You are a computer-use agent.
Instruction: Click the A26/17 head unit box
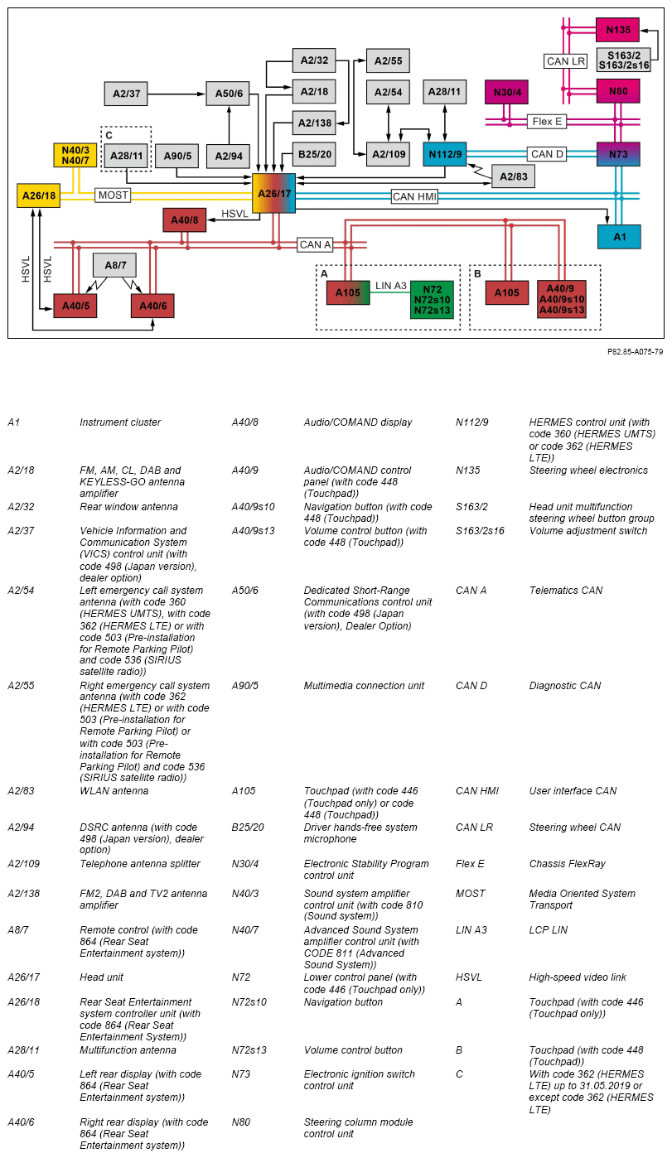click(x=273, y=195)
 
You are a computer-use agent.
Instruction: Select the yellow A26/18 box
click(x=38, y=195)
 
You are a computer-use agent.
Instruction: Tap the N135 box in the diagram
click(x=617, y=30)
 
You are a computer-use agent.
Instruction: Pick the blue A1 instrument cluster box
click(x=618, y=236)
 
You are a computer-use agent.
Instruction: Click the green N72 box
click(x=432, y=299)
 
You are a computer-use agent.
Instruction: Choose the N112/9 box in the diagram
click(x=446, y=153)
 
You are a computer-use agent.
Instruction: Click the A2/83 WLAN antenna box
click(x=513, y=176)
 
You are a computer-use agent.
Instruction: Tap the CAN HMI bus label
click(x=415, y=196)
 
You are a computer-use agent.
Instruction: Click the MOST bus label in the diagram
click(x=113, y=195)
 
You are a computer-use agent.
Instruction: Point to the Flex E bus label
click(x=548, y=121)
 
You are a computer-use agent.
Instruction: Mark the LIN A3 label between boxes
click(x=390, y=286)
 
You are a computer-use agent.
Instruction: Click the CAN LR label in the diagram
click(x=566, y=60)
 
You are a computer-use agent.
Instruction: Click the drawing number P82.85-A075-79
click(x=634, y=351)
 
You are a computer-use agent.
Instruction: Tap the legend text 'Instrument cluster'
click(x=120, y=422)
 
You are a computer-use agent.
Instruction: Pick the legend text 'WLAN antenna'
click(x=114, y=791)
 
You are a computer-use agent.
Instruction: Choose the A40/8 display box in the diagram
click(x=184, y=220)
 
